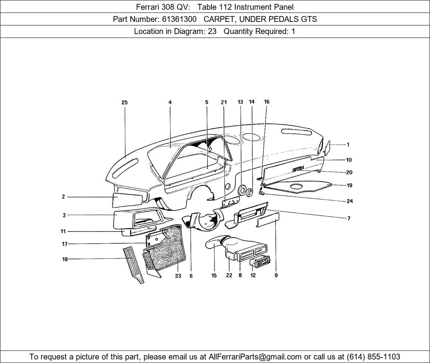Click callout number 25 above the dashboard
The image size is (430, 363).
[124, 102]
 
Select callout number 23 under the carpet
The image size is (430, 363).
[178, 276]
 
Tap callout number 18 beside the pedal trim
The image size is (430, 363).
[64, 259]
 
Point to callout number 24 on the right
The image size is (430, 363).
[349, 201]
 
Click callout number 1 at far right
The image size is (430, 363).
[348, 145]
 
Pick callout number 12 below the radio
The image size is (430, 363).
[253, 275]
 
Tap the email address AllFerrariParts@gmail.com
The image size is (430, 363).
[255, 357]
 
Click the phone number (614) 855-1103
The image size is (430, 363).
[373, 357]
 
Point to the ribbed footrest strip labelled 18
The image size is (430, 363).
[134, 264]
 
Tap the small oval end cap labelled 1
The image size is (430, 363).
[328, 147]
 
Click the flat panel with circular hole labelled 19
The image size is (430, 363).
[299, 187]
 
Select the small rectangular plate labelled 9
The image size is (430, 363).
[268, 220]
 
